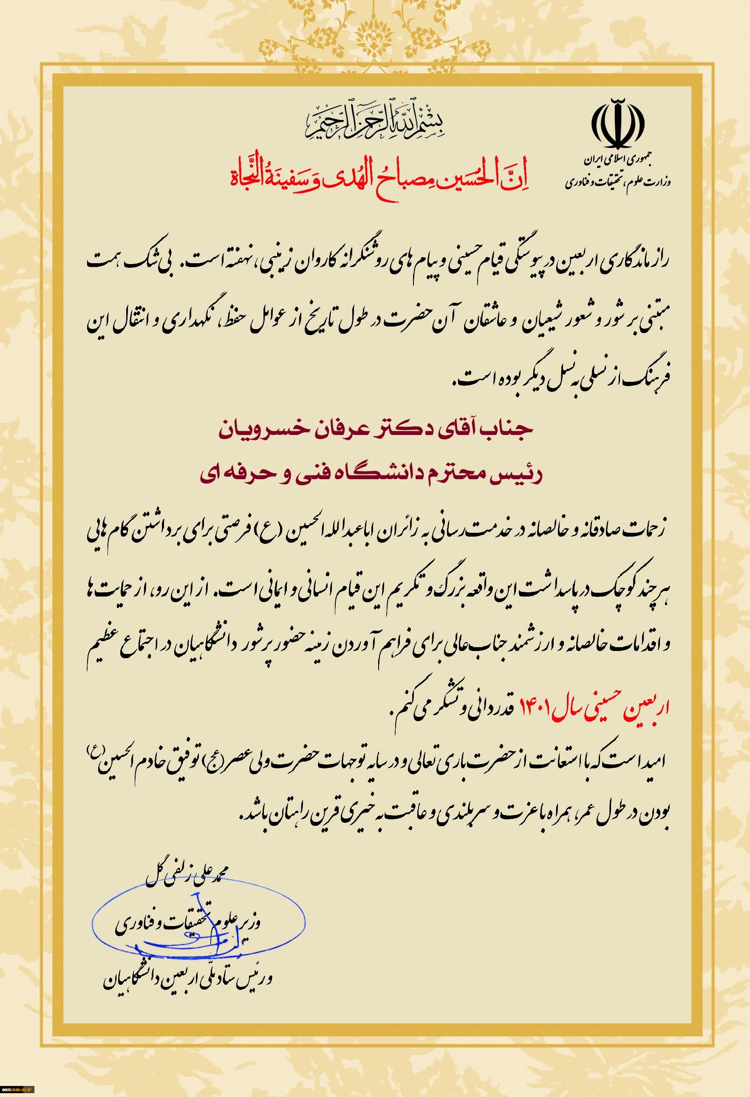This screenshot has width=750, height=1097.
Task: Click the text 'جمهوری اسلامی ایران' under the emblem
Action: click(619, 160)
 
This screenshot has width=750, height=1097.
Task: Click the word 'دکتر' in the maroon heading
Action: click(402, 429)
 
